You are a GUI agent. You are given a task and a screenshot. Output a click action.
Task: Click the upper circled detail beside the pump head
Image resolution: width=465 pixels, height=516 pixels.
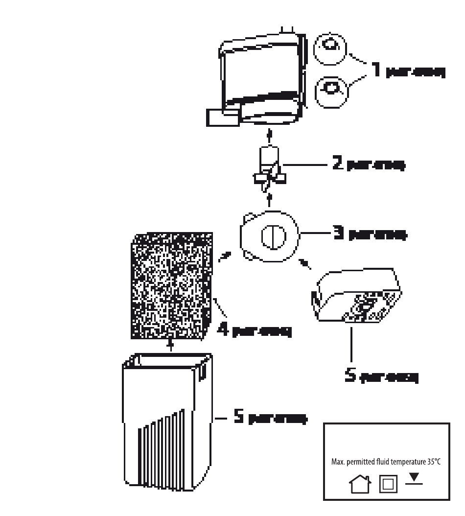point(329,48)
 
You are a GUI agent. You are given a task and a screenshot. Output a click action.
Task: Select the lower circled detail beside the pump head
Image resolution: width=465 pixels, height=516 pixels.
point(332,90)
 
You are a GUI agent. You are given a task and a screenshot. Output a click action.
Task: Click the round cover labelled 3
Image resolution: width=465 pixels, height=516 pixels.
point(269,236)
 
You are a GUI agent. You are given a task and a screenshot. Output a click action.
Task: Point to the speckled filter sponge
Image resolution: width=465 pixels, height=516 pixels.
point(172,286)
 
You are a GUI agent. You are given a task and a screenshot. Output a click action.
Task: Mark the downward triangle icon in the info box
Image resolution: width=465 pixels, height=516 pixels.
point(415,477)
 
